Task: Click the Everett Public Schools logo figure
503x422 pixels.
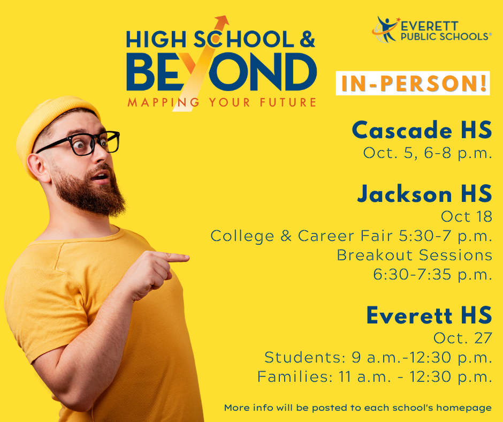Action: click(x=386, y=29)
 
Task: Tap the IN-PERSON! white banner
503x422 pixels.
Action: click(x=413, y=83)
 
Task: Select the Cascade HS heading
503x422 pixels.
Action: click(x=422, y=130)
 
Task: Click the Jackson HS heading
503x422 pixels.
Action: click(x=425, y=194)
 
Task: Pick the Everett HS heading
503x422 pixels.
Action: click(x=429, y=315)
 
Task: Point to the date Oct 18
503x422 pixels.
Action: click(x=467, y=216)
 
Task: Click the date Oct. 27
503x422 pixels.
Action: click(x=462, y=338)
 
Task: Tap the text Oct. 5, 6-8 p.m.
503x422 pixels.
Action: click(x=428, y=153)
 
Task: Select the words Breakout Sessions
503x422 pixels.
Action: click(x=415, y=255)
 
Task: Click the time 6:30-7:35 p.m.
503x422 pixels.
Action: click(x=433, y=275)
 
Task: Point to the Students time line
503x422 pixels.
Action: click(x=378, y=357)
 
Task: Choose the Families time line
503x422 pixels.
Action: click(x=375, y=376)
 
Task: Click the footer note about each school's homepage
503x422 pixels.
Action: click(x=357, y=408)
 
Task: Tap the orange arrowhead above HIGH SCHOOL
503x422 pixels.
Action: click(x=222, y=21)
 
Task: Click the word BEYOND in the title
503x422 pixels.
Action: click(x=222, y=72)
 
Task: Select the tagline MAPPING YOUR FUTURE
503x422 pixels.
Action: click(x=222, y=102)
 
